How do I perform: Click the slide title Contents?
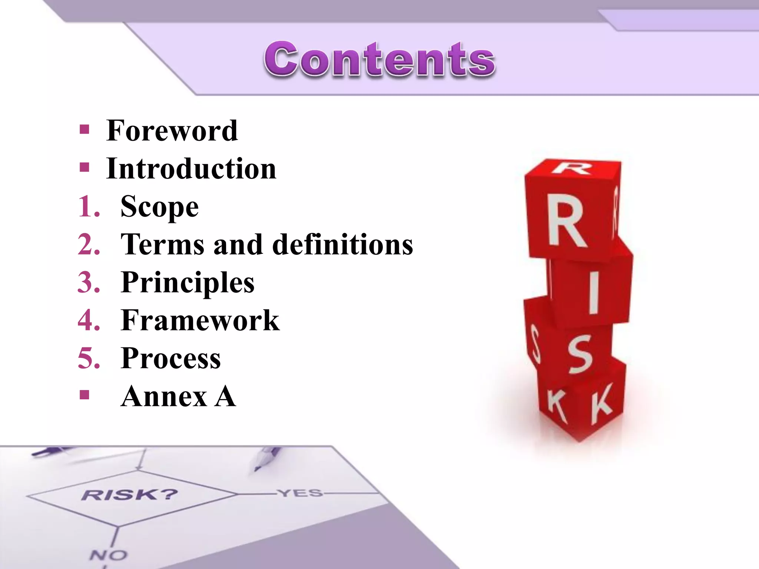(379, 59)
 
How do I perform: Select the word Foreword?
(172, 131)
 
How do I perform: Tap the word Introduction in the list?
(191, 169)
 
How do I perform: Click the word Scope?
(160, 207)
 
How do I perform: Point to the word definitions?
(342, 245)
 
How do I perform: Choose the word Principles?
(188, 283)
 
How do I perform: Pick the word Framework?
(200, 320)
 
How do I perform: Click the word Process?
(171, 359)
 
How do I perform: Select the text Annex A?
(178, 396)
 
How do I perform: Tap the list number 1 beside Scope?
(89, 207)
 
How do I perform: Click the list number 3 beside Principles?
(89, 283)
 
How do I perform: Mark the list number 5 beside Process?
(89, 359)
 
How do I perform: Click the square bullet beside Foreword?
(84, 130)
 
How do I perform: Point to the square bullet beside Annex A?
(84, 395)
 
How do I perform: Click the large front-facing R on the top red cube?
(567, 222)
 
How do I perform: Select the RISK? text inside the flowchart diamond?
(130, 495)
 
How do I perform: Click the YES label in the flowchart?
(301, 493)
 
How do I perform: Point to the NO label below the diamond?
(108, 555)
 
